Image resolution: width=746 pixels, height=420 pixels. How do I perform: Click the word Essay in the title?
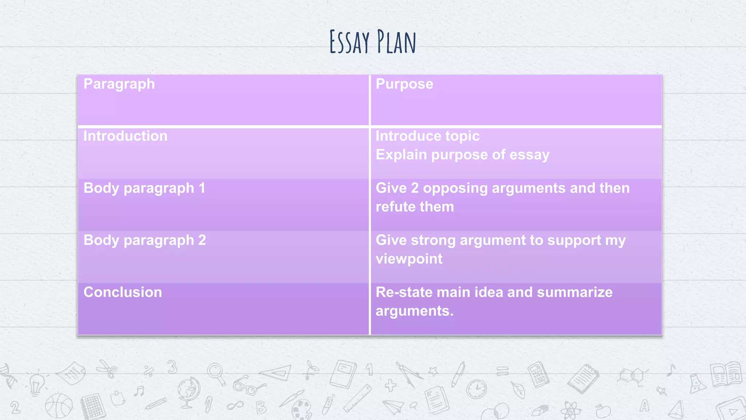pos(349,42)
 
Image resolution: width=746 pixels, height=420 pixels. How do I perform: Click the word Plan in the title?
pos(396,42)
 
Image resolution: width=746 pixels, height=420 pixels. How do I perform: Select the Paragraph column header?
pos(119,84)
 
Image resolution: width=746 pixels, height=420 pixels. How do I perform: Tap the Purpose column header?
pos(404,84)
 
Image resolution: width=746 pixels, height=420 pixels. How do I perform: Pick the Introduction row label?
pos(125,136)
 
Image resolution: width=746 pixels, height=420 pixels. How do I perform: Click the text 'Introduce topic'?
pos(427,136)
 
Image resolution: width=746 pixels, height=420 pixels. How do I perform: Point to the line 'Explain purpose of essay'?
pos(462,155)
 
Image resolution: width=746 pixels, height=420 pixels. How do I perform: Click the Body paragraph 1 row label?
pos(144,188)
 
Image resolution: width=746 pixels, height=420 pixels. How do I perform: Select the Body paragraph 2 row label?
pos(145,241)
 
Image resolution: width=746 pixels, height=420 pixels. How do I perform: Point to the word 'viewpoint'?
pos(409,259)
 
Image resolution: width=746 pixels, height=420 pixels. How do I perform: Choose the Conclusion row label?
pos(123,292)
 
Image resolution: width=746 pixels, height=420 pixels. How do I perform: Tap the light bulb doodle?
pos(36,385)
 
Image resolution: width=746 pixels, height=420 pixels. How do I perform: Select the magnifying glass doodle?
pos(216,373)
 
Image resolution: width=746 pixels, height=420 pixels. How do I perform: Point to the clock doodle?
pos(476,389)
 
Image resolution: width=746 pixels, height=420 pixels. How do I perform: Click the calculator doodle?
pos(538,374)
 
